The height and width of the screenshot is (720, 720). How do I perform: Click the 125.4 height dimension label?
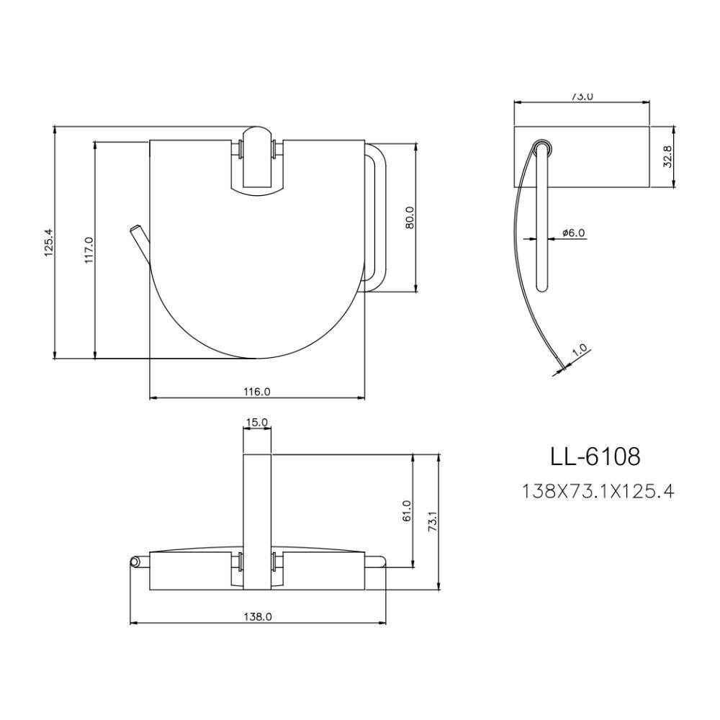tap(49, 244)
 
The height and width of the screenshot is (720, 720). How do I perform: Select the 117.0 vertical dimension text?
tap(89, 250)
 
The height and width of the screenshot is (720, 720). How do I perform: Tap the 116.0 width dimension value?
tap(256, 392)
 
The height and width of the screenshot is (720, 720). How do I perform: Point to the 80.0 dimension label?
tap(410, 217)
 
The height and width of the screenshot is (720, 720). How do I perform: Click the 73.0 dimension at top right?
tap(582, 96)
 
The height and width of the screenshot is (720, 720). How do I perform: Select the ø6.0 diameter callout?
tap(573, 233)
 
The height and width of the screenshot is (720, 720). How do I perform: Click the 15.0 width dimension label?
tap(257, 422)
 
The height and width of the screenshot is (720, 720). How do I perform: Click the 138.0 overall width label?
tap(257, 617)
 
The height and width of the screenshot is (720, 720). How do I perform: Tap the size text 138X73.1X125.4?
tap(597, 492)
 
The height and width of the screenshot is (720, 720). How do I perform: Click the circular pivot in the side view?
tap(544, 148)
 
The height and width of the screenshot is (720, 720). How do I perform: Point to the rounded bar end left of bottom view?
tap(134, 562)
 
